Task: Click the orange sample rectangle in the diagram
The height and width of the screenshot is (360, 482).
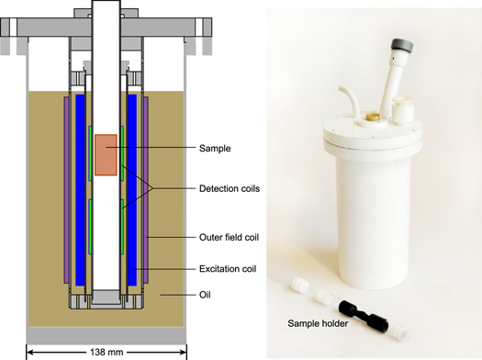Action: tap(106, 154)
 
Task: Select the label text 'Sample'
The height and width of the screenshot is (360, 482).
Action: tap(216, 147)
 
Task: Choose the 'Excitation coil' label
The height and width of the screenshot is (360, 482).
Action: tap(228, 268)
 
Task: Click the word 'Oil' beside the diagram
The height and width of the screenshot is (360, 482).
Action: tap(206, 296)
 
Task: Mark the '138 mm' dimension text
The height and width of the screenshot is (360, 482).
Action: tap(106, 351)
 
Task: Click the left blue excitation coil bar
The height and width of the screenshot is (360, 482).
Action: tap(80, 184)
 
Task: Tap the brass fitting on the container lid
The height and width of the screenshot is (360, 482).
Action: tap(373, 118)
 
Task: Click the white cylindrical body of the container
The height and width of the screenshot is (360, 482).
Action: tap(376, 211)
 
